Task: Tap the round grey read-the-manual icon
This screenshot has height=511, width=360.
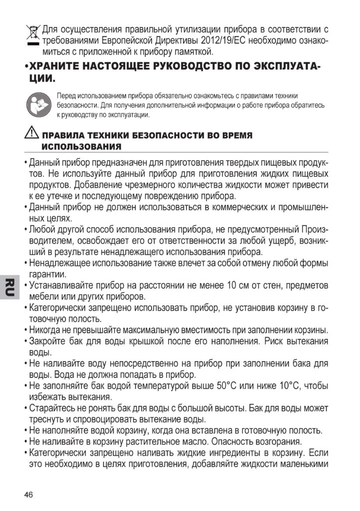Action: click(37, 104)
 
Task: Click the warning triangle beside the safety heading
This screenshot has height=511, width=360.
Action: click(31, 134)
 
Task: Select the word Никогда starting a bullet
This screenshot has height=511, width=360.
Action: click(46, 330)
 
